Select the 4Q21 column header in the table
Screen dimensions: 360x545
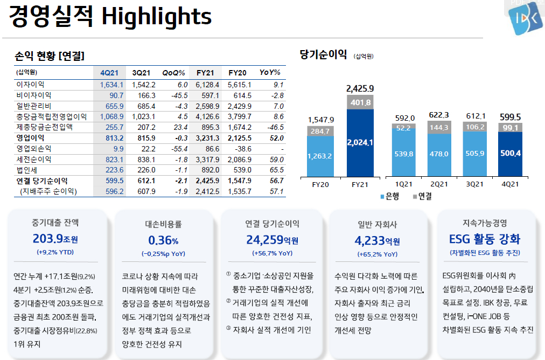pos(110,73)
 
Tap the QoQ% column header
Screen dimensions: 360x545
pos(173,73)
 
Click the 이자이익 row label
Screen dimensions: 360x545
pos(31,85)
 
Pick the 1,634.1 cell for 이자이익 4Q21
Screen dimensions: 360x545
pos(111,85)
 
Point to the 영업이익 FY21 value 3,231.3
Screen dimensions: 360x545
pos(208,138)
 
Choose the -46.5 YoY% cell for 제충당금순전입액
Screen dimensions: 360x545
pos(275,127)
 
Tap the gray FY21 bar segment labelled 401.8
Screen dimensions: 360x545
pos(360,102)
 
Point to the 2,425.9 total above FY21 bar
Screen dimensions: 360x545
pos(360,88)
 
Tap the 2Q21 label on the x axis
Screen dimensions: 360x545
pos(439,184)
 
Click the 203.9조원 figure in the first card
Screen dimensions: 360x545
pos(55,239)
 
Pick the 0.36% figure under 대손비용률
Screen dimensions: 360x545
pos(163,240)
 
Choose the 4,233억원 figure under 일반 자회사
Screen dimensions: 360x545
pos(377,240)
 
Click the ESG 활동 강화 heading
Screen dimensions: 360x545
pos(485,239)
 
